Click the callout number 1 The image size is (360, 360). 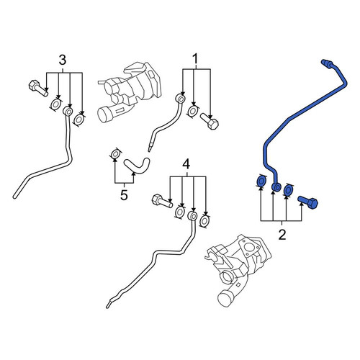(x=195, y=59)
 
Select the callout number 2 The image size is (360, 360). (x=282, y=235)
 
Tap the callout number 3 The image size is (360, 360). (x=63, y=60)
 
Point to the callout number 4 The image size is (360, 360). (x=186, y=164)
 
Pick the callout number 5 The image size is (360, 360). (x=124, y=195)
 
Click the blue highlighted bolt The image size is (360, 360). (x=308, y=202)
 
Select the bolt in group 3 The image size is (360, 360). (x=38, y=89)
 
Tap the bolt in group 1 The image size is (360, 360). (x=210, y=121)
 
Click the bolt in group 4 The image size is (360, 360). (x=162, y=201)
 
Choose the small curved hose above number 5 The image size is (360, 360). (x=137, y=166)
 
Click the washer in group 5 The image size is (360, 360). (x=115, y=154)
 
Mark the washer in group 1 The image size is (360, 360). (x=193, y=111)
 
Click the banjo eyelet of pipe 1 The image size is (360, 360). (x=180, y=99)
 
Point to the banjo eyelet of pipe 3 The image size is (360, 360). (x=68, y=112)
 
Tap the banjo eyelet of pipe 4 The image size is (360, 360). (x=192, y=216)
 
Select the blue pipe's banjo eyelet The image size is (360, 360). (x=276, y=187)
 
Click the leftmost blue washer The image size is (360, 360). (x=261, y=181)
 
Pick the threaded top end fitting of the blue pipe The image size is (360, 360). (x=327, y=63)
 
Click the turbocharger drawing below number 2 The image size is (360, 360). (x=238, y=270)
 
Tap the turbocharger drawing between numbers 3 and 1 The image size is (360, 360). (x=130, y=92)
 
